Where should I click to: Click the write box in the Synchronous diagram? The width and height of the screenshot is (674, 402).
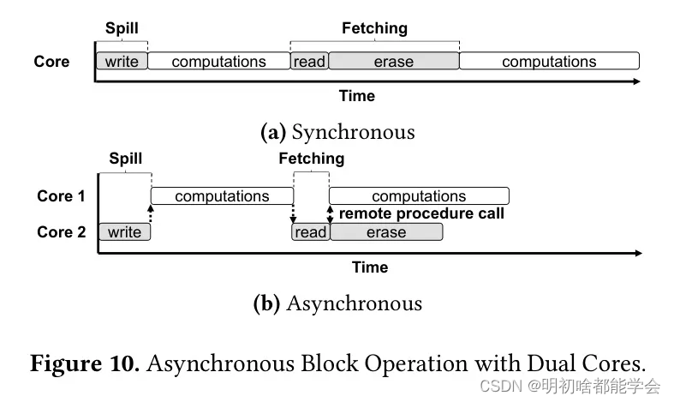click(122, 61)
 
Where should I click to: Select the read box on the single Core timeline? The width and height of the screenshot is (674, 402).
click(309, 61)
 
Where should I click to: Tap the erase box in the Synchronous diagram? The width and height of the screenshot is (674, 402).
click(394, 61)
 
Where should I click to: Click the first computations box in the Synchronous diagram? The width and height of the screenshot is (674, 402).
click(218, 61)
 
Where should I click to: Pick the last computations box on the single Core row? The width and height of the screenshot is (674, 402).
click(549, 61)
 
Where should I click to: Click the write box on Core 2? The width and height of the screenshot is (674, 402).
click(125, 232)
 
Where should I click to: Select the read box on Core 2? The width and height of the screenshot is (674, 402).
click(311, 232)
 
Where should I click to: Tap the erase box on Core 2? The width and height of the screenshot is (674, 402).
click(386, 232)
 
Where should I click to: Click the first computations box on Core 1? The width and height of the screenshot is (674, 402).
click(222, 195)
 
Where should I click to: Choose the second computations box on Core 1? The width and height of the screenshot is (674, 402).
click(419, 195)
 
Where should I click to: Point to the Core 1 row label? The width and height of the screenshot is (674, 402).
click(61, 195)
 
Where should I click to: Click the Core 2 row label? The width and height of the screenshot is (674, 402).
click(61, 232)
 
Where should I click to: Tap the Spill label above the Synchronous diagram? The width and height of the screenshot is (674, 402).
click(122, 28)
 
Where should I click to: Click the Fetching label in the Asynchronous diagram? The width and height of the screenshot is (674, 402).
click(312, 159)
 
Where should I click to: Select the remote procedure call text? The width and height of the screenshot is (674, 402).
click(421, 213)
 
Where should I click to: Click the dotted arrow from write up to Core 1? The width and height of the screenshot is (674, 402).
click(151, 213)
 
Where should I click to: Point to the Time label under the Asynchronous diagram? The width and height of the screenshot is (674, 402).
click(370, 267)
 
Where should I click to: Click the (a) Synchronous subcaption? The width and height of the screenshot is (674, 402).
click(338, 132)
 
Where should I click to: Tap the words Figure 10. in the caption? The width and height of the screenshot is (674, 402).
click(85, 363)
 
